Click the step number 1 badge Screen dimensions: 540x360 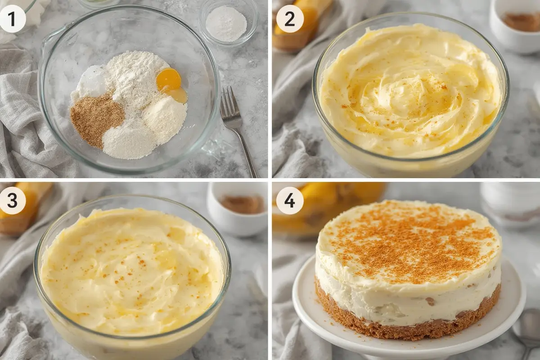13,19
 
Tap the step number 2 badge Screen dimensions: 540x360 289,19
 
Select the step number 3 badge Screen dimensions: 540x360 13,200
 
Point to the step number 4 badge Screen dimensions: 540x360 289,200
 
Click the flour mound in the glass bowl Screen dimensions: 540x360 135,77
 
